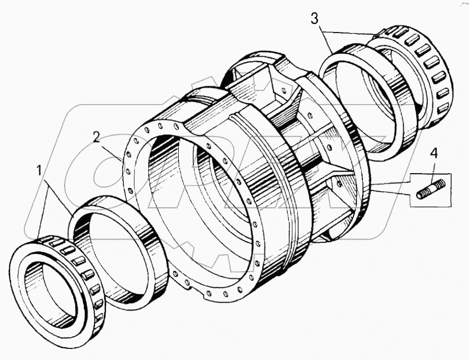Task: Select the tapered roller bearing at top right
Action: coord(416,71)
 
